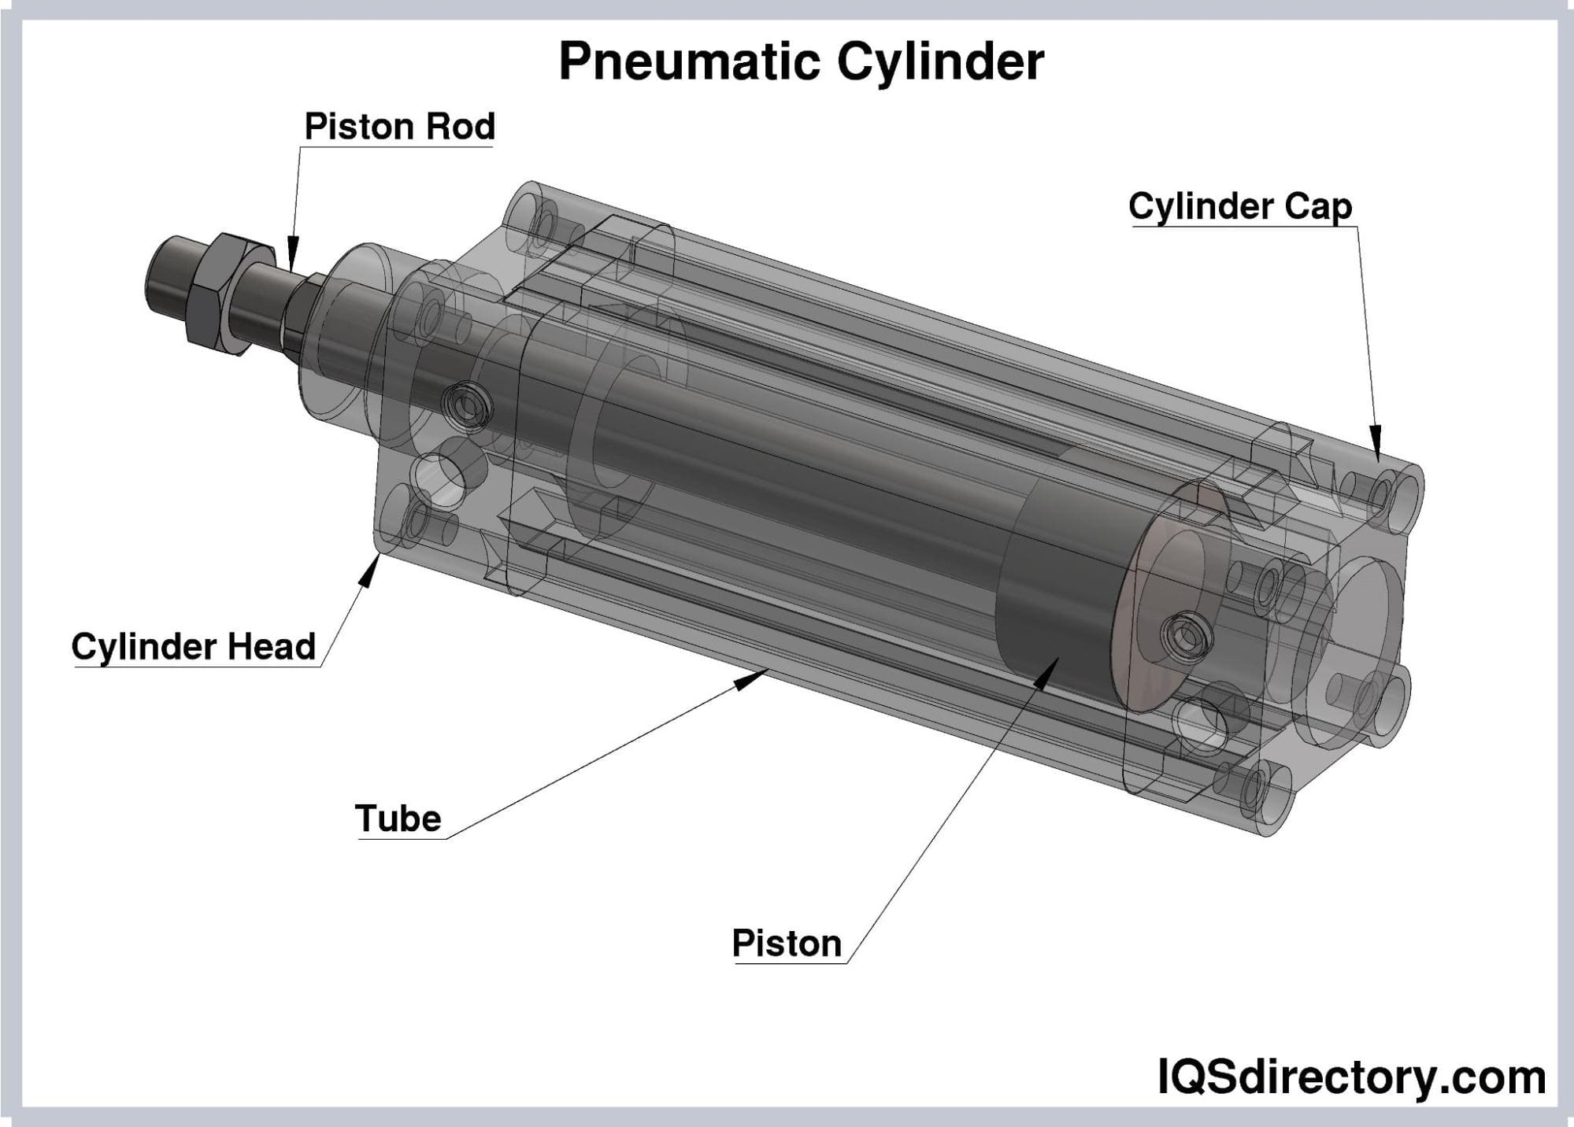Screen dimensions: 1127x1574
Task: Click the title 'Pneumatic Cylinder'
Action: click(801, 61)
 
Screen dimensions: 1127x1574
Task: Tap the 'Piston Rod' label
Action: click(399, 127)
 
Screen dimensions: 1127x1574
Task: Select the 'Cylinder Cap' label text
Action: click(1240, 207)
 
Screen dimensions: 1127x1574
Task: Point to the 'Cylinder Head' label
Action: click(194, 647)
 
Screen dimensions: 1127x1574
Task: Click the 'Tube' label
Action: click(398, 818)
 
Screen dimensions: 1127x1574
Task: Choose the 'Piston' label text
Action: click(787, 943)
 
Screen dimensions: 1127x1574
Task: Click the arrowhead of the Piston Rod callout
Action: click(293, 254)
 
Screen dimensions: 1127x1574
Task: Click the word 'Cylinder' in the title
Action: click(940, 61)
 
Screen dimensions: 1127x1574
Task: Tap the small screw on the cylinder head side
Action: click(468, 405)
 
